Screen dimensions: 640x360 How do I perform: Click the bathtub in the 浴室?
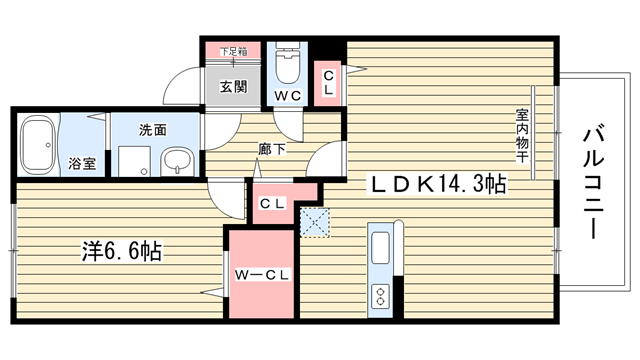pyautogui.click(x=38, y=145)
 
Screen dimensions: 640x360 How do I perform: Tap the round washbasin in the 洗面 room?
pyautogui.click(x=177, y=162)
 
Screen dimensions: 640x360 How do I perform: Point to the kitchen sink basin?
pyautogui.click(x=380, y=248)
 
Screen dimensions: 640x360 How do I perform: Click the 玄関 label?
pyautogui.click(x=233, y=87)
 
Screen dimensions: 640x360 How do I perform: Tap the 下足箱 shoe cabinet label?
pyautogui.click(x=233, y=52)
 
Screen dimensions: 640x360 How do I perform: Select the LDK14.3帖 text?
pyautogui.click(x=438, y=184)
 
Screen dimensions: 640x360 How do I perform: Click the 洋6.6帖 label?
pyautogui.click(x=122, y=251)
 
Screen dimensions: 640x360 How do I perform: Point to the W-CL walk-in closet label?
pyautogui.click(x=262, y=275)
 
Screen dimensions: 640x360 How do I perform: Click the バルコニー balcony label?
pyautogui.click(x=593, y=181)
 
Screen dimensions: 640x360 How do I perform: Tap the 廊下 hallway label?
pyautogui.click(x=272, y=149)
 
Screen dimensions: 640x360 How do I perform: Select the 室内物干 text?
pyautogui.click(x=522, y=136)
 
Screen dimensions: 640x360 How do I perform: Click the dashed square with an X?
pyautogui.click(x=315, y=222)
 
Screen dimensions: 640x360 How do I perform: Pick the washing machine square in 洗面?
pyautogui.click(x=134, y=162)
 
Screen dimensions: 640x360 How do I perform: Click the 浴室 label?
pyautogui.click(x=82, y=164)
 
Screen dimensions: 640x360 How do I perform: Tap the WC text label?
pyautogui.click(x=287, y=96)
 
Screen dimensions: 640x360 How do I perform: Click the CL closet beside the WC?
pyautogui.click(x=328, y=83)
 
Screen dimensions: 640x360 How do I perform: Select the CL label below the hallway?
pyautogui.click(x=272, y=204)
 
